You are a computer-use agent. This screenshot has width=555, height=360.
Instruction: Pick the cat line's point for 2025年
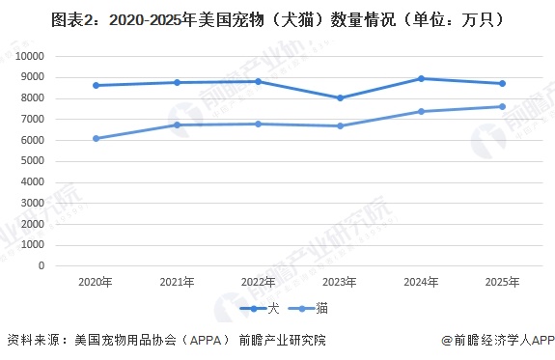coord(501,106)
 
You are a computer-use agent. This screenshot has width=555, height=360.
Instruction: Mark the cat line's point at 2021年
coord(177,125)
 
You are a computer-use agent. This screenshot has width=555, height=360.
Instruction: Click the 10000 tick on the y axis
coord(29,56)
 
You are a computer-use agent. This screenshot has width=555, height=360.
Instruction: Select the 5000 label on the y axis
coord(32,161)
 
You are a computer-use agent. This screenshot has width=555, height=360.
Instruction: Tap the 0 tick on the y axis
coord(42,266)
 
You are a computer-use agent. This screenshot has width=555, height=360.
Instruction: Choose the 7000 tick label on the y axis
coord(32,119)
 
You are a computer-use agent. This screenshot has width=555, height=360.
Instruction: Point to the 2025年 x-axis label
coord(501,283)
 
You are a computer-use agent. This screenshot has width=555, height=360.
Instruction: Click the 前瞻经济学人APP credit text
coord(499,341)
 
